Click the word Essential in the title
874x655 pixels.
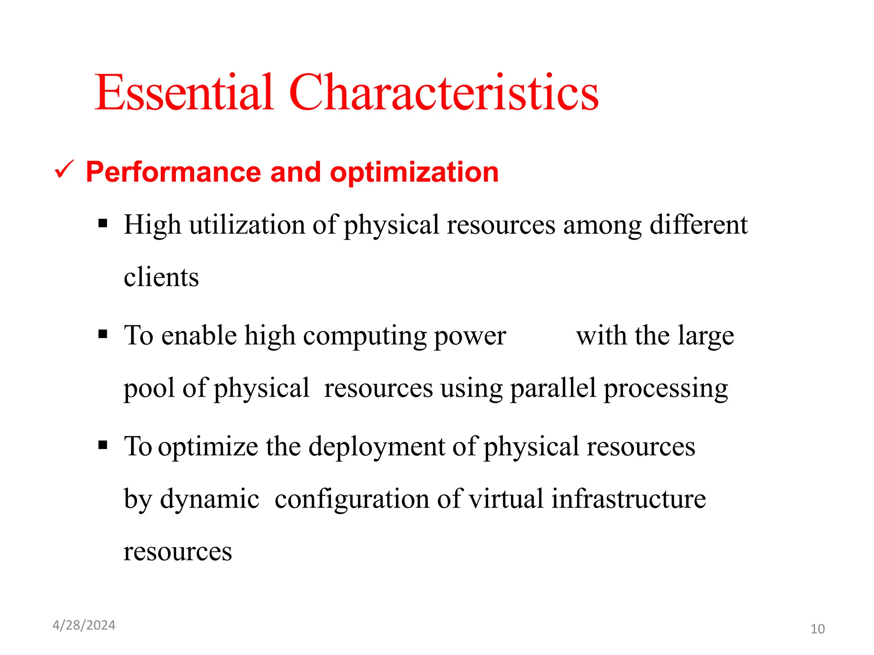(184, 93)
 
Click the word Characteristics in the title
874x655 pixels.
(444, 93)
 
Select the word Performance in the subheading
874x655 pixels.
(173, 172)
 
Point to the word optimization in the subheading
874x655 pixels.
(414, 172)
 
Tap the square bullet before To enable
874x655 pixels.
(102, 334)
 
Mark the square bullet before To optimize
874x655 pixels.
(102, 445)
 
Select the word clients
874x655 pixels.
(161, 277)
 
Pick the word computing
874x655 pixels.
(365, 336)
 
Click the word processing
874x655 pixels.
(666, 389)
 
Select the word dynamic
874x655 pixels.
(210, 499)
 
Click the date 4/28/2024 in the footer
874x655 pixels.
(84, 625)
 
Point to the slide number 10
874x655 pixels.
(817, 629)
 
